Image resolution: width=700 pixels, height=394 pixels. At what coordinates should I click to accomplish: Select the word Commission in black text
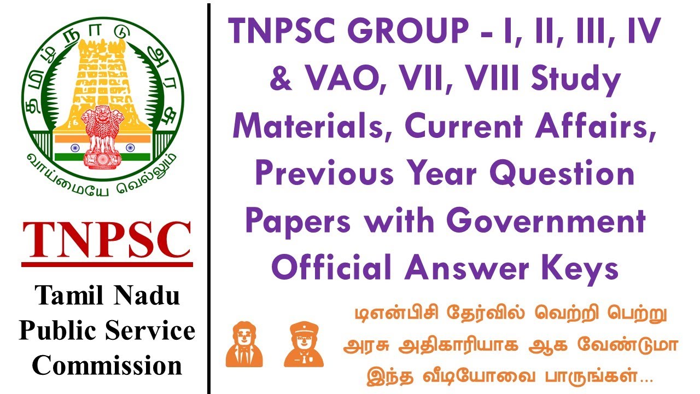107,366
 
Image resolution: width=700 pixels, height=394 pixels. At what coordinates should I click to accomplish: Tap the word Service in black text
154,331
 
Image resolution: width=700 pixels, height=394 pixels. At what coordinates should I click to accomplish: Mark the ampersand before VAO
280,80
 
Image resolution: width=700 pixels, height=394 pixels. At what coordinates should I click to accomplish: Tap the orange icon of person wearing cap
304,344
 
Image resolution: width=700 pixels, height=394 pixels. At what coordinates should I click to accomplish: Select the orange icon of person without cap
244,344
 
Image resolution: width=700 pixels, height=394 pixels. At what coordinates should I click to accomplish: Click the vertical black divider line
208,197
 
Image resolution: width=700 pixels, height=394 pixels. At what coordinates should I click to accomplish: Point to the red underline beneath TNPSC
107,264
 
